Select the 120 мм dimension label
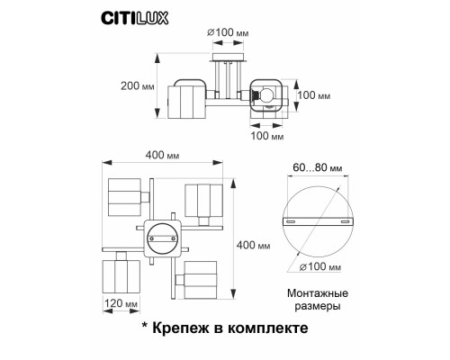(118, 304)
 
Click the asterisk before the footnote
(144, 328)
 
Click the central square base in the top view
(163, 238)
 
